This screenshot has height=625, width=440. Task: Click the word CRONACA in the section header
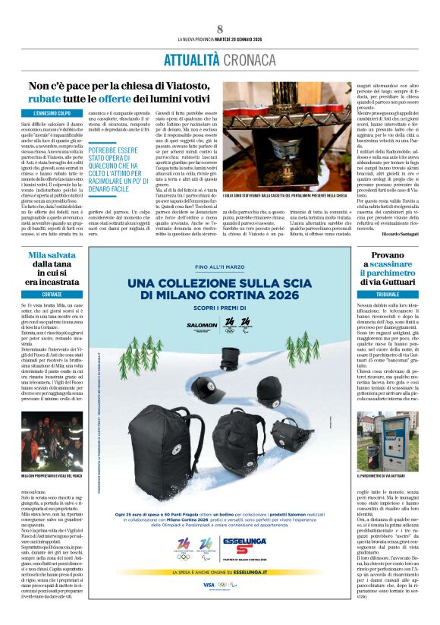[x=248, y=59]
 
